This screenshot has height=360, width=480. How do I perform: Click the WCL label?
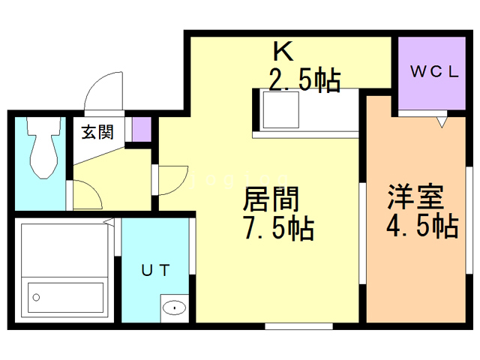click(434, 72)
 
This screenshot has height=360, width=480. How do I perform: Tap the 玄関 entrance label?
click(97, 132)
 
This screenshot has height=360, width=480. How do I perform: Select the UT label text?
click(155, 270)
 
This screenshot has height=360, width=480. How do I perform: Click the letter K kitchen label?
click(283, 51)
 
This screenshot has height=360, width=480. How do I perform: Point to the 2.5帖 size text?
click(305, 80)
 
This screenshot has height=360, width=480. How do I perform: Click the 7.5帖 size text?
click(279, 228)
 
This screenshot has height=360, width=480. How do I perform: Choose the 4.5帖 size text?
click(422, 226)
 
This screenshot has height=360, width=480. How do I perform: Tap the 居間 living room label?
click(271, 199)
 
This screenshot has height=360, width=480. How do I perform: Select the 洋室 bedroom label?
click(415, 196)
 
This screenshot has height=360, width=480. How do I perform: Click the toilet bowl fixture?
click(43, 147)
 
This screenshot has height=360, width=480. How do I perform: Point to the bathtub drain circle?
click(36, 297)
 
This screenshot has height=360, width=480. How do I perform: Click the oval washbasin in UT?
click(175, 307)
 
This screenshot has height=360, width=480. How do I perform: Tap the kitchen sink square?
click(280, 109)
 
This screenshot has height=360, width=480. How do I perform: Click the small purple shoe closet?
click(142, 129)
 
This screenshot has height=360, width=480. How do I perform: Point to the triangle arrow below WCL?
click(442, 121)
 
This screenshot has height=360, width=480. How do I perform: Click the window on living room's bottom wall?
click(298, 326)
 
